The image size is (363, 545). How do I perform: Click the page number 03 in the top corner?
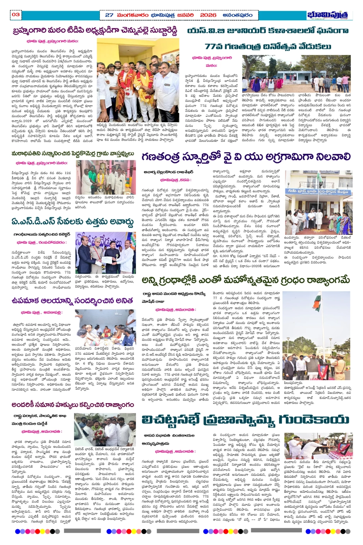pyautogui.click(x=15, y=15)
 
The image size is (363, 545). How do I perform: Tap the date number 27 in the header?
pyautogui.click(x=109, y=15)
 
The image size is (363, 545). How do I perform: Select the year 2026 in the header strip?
pyautogui.click(x=208, y=15)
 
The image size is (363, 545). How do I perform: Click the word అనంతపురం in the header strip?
pyautogui.click(x=237, y=15)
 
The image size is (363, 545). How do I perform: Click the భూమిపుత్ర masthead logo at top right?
pyautogui.click(x=330, y=15)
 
